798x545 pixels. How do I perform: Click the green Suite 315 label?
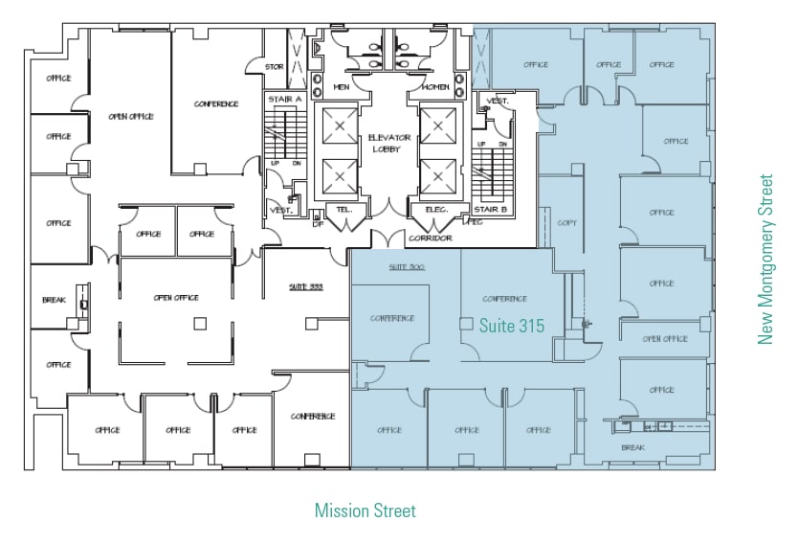click(512, 327)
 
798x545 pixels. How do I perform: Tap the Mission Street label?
click(366, 511)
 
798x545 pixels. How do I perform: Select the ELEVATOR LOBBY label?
click(389, 143)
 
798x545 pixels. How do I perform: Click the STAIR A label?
click(285, 99)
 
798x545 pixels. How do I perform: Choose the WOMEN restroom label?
click(435, 87)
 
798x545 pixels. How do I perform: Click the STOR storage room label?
click(275, 67)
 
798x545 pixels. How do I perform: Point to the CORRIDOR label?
click(430, 238)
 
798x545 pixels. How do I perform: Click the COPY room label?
click(566, 222)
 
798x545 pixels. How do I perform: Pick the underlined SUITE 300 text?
click(406, 267)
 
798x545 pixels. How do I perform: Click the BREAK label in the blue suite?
click(632, 447)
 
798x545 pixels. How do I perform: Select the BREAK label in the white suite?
click(54, 300)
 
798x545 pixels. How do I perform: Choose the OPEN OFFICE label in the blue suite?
click(665, 338)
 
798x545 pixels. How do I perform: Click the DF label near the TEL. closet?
click(319, 223)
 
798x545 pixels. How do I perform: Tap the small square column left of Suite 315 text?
click(467, 323)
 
